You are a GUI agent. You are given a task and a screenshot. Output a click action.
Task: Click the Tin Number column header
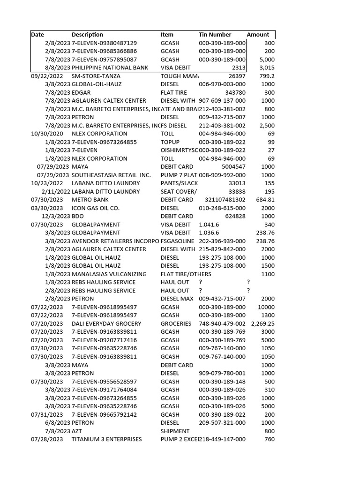[x=215, y=35]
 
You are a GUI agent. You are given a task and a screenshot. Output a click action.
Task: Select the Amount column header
[x=258, y=35]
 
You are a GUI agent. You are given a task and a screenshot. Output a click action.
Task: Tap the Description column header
[x=87, y=35]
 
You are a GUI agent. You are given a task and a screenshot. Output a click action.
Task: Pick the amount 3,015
[x=267, y=68]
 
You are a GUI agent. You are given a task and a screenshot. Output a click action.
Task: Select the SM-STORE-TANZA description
[x=96, y=76]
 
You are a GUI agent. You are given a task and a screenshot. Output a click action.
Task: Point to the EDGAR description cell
[x=81, y=93]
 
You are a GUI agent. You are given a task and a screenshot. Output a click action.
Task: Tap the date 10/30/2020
[x=47, y=134]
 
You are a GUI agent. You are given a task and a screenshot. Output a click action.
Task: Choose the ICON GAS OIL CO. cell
[x=96, y=208]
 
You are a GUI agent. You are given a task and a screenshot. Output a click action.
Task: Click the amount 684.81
[x=265, y=200]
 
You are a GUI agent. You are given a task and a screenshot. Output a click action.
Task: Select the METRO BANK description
[x=87, y=200]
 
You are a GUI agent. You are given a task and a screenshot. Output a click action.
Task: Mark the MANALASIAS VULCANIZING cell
[x=109, y=274]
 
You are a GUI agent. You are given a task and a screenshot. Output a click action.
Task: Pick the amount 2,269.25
[x=263, y=323]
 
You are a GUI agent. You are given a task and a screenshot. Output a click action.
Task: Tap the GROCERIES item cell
[x=176, y=323]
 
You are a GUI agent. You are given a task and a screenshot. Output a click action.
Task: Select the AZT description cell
[x=77, y=431]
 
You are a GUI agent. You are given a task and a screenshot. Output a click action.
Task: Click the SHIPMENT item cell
[x=175, y=431]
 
